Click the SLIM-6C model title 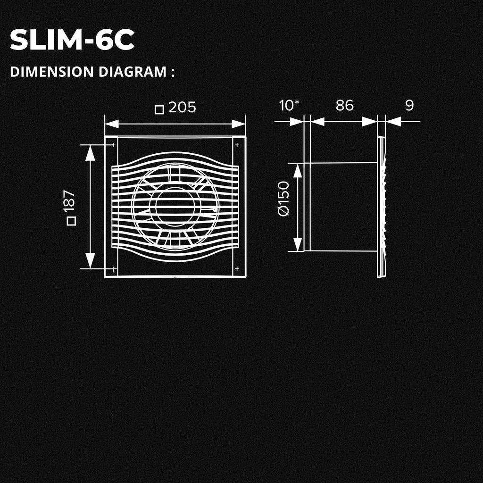(72, 40)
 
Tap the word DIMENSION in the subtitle (52, 72)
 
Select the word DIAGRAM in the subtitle (133, 72)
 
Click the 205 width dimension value (182, 108)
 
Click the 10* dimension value (289, 105)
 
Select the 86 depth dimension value (345, 105)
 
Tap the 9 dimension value (409, 105)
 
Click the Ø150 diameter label (283, 199)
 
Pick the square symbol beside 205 (159, 109)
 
